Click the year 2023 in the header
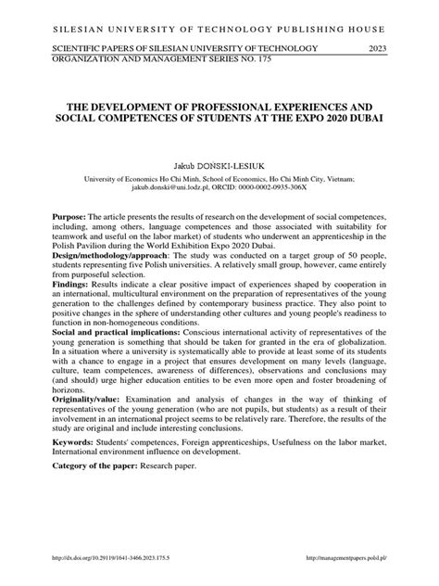coord(378,46)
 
